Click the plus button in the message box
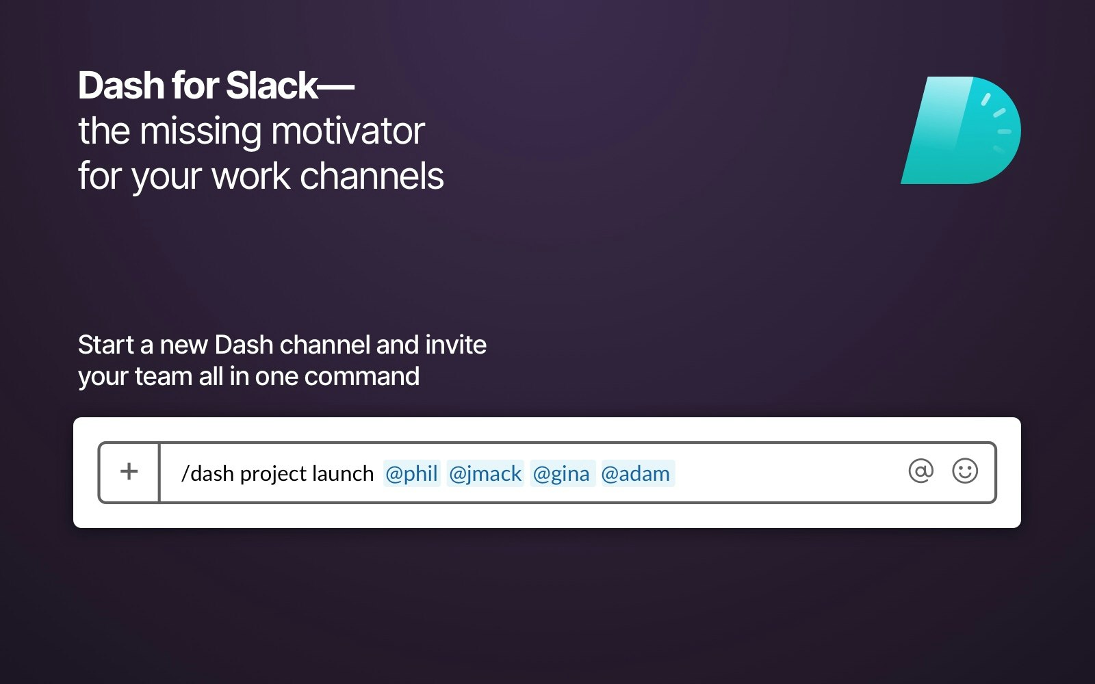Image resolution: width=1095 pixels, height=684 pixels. (x=129, y=472)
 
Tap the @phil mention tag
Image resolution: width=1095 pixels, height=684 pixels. (x=411, y=473)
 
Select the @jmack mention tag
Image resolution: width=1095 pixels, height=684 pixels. (x=485, y=473)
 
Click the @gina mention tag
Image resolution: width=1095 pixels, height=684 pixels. (x=561, y=473)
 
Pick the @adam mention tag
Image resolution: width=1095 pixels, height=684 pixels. (x=636, y=473)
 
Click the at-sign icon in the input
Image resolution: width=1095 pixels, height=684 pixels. (x=920, y=471)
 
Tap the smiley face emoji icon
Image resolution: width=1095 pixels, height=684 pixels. (x=965, y=471)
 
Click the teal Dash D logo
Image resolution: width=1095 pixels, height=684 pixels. (x=961, y=131)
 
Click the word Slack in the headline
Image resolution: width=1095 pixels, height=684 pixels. (x=272, y=86)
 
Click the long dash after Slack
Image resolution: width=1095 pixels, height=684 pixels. (x=337, y=87)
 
